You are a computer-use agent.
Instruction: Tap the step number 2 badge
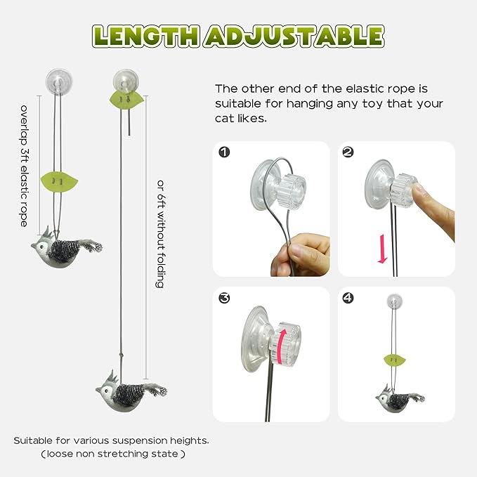[x=347, y=152]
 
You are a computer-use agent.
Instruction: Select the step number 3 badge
[x=224, y=298]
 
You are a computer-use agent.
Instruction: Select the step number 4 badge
[x=347, y=298]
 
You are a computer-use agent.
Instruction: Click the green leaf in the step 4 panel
[x=396, y=361]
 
